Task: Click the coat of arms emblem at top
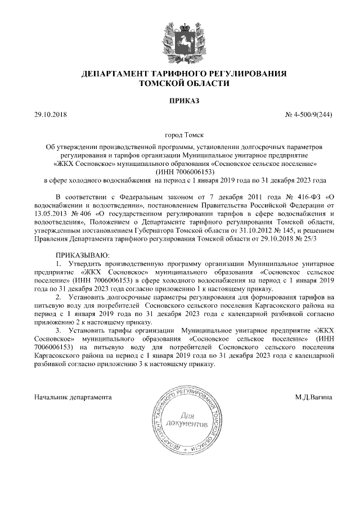[x=179, y=39]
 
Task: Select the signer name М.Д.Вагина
[x=313, y=397]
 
